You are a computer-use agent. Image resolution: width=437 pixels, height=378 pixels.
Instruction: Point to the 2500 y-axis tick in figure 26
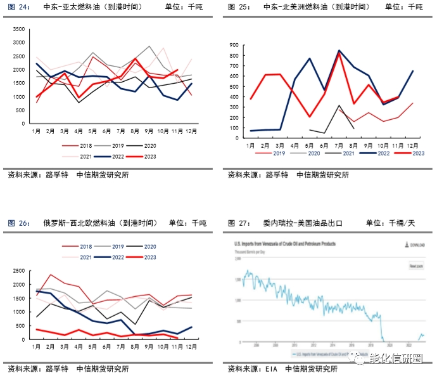tap(17, 271)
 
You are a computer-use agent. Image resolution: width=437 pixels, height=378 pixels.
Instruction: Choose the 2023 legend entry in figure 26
tap(148, 257)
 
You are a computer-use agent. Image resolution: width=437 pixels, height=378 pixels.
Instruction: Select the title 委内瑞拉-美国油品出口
tap(303, 223)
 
